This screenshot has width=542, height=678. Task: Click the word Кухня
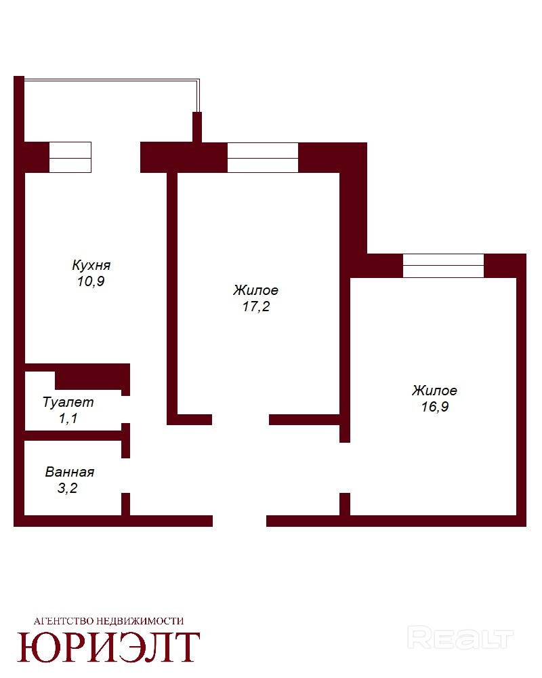[x=91, y=264]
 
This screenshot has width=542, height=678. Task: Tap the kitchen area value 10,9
[x=91, y=281]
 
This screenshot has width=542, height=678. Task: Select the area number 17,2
[x=256, y=306]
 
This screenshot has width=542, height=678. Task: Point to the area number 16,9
[x=435, y=407]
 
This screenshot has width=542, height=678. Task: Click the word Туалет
[x=68, y=402]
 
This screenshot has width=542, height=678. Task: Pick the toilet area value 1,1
[x=68, y=418]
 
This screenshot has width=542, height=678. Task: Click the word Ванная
[x=70, y=472]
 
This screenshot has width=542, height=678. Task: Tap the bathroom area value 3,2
[x=68, y=488]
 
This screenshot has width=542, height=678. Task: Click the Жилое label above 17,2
[x=256, y=290]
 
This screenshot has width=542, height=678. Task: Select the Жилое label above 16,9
[x=435, y=391]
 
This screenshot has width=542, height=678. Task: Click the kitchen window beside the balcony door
[x=70, y=157]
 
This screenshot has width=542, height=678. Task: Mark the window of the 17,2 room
[x=263, y=157]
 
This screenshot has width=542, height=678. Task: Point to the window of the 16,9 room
[x=444, y=266]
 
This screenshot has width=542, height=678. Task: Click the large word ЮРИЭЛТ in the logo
[x=108, y=647]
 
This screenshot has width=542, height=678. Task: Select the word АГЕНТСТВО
[x=63, y=621]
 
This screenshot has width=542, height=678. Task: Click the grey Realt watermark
[x=460, y=638]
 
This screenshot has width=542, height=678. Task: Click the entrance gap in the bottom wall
[x=239, y=521]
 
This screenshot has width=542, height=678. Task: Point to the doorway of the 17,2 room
[x=241, y=420]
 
